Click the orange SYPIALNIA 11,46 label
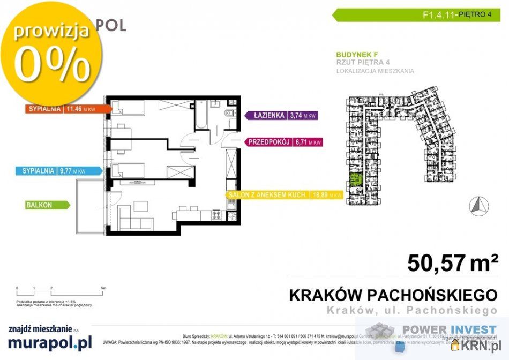66,109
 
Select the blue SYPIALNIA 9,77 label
58,171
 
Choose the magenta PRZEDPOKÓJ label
285,142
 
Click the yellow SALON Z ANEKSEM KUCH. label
284,195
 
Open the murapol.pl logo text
49,341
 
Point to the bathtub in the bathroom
201,116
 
